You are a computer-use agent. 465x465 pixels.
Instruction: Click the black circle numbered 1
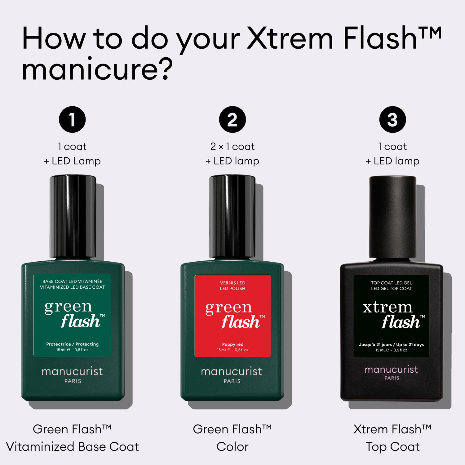point(72,120)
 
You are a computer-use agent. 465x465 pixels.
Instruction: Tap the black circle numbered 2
point(232,120)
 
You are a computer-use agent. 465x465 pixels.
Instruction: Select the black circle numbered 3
point(392,120)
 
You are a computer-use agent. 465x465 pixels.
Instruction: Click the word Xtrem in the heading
point(290,38)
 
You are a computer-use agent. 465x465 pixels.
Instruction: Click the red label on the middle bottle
point(232,316)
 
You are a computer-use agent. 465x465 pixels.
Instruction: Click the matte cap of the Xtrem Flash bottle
point(392,217)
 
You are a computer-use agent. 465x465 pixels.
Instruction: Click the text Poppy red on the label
point(232,344)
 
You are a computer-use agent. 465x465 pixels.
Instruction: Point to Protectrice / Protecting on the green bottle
point(72,344)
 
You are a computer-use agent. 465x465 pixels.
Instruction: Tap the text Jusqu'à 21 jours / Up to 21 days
point(391,345)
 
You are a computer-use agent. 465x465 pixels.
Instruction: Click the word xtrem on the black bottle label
point(387,308)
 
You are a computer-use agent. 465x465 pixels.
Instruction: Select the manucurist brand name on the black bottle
point(391,370)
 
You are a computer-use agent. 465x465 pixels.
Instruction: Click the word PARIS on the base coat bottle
point(73,381)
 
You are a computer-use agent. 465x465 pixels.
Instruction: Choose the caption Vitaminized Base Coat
point(72,447)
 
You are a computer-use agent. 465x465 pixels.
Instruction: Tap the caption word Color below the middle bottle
point(232,447)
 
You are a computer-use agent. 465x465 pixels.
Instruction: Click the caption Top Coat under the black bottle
point(392,447)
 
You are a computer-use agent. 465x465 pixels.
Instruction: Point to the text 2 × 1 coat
point(232,146)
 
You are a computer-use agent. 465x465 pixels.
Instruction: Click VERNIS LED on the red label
point(232,283)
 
